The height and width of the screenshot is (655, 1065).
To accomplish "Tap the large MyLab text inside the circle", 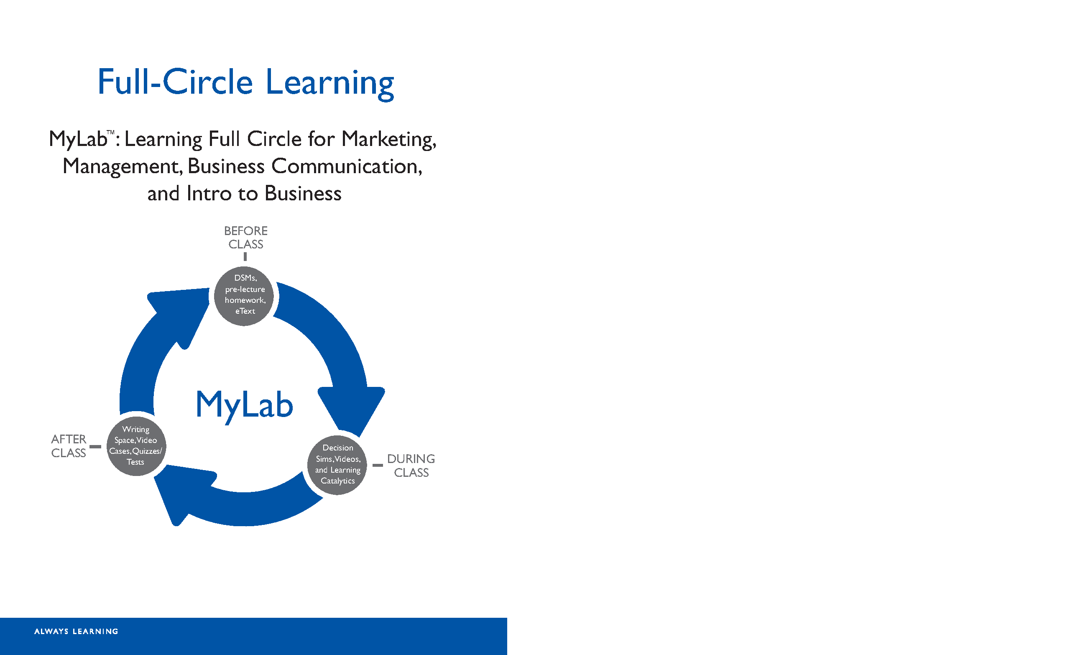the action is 245,405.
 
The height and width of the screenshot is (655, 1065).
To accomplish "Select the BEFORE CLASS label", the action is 245,238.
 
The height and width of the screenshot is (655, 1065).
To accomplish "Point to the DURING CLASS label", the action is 411,465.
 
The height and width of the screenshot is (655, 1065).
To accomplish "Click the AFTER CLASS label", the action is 69,446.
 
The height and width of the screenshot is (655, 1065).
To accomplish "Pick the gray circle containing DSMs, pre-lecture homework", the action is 244,296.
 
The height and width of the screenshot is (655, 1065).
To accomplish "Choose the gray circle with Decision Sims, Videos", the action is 337,465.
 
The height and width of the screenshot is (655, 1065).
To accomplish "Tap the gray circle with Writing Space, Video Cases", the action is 136,446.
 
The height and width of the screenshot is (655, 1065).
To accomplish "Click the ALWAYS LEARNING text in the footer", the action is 76,632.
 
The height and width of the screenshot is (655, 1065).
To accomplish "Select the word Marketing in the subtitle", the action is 389,140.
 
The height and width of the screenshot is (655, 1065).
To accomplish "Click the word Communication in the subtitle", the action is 347,166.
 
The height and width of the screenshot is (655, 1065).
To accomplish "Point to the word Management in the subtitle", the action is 123,167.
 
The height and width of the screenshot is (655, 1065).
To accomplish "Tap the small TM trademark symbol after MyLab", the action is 111,133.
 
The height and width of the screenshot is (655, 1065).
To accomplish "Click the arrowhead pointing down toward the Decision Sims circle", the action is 351,409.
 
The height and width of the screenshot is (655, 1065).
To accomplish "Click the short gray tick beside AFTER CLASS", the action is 95,447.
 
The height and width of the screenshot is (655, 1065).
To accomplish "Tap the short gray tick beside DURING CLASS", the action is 378,465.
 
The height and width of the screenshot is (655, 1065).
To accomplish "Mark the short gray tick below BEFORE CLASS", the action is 245,257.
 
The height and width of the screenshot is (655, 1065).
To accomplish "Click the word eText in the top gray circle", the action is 245,311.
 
